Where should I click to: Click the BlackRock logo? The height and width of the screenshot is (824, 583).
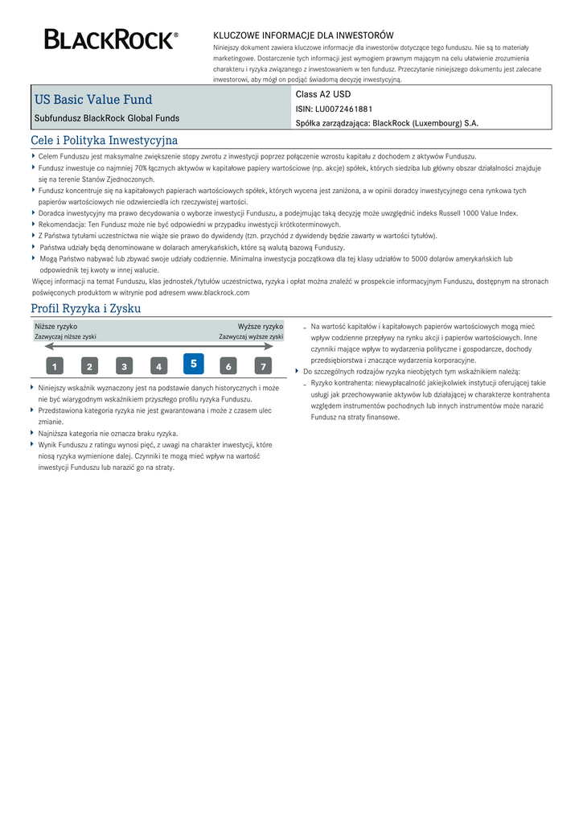111,39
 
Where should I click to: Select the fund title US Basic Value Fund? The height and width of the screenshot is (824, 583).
93,100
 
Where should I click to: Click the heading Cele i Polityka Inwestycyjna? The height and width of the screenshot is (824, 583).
104,140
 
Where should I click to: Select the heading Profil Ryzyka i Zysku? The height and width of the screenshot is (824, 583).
85,308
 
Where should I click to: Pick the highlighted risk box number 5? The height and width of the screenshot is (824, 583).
193,364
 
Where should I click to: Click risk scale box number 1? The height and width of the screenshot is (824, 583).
54,367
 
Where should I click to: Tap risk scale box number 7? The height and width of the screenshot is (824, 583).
263,367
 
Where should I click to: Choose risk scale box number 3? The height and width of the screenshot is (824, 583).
124,367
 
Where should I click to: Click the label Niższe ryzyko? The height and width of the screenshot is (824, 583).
56,327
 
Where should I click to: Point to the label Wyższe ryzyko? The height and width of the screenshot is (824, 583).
260,327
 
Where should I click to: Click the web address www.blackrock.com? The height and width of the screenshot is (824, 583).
218,293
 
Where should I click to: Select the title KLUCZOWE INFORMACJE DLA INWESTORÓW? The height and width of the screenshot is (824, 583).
303,35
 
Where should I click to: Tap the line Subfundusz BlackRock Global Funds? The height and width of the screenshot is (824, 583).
107,118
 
